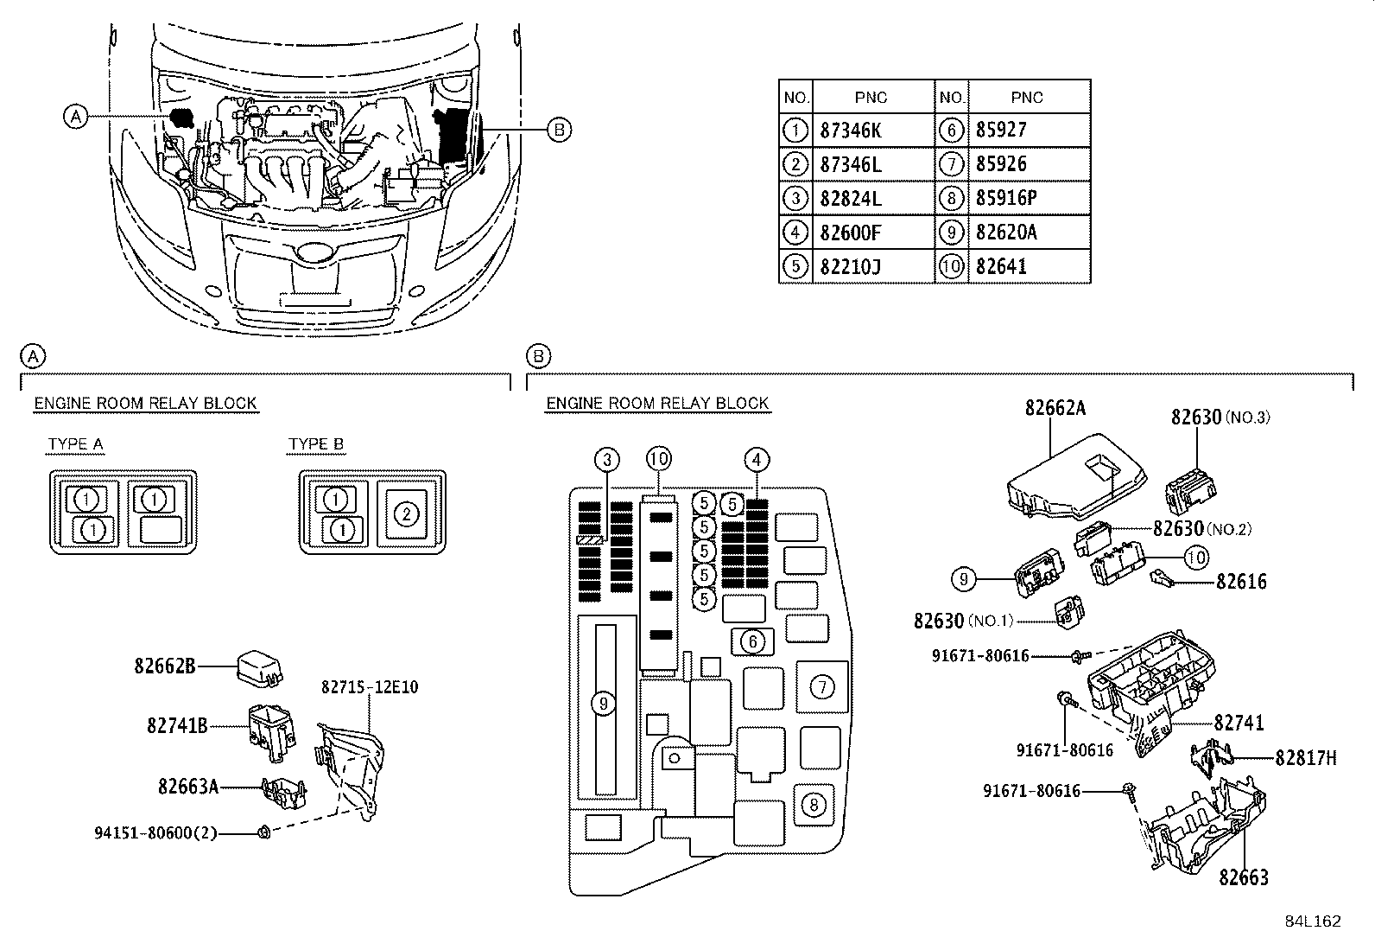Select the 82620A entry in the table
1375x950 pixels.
coord(1006,232)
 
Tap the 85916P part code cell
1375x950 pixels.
coord(1006,198)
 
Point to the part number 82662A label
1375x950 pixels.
coord(1055,407)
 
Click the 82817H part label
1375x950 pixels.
coord(1306,758)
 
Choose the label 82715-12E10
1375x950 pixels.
coord(370,687)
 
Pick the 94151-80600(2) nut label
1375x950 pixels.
coord(155,833)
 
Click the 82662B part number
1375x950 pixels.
coord(164,666)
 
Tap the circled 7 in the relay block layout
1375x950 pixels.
coord(822,687)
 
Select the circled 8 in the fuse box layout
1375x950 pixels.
coord(814,805)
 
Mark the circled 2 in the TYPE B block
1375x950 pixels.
coord(406,513)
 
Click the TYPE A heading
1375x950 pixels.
coord(76,444)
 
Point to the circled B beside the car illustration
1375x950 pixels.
coord(559,130)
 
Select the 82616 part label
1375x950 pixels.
coord(1241,582)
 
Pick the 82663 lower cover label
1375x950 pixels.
coord(1244,878)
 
